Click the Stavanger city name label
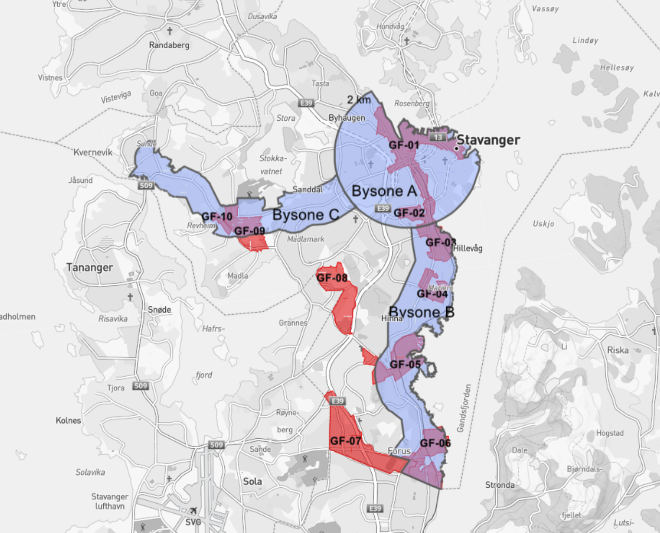tap(488, 140)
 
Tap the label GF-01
tap(403, 145)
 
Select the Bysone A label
tap(384, 191)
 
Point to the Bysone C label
tap(306, 215)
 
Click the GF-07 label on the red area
tap(345, 441)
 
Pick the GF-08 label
tap(332, 278)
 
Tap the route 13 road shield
tap(438, 137)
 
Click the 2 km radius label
tap(359, 100)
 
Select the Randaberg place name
tap(169, 45)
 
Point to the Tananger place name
tap(89, 267)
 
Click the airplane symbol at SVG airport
tap(193, 511)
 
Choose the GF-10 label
tap(217, 216)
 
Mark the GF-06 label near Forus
tap(435, 443)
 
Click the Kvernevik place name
tap(93, 152)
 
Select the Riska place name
tap(618, 350)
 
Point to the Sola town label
tap(252, 482)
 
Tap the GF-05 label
tap(405, 364)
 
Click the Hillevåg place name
tap(467, 248)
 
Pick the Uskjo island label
tap(543, 224)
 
